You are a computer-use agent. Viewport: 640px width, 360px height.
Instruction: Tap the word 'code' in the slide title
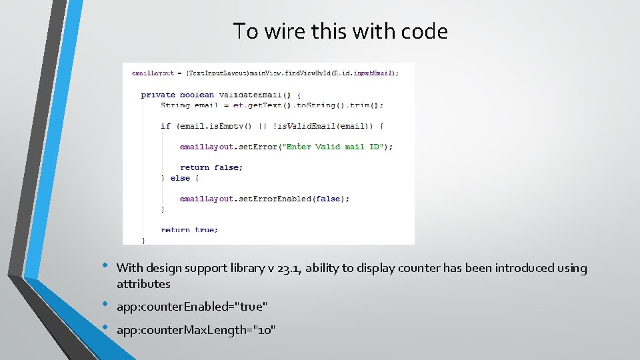[x=424, y=31]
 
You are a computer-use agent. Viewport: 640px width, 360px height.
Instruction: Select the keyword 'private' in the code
[x=158, y=95]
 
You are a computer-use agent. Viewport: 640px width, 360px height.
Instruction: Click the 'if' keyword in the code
[x=165, y=126]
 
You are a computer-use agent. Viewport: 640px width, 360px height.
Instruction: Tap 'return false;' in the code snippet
[x=211, y=167]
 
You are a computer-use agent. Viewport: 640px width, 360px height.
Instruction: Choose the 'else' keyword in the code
[x=180, y=178]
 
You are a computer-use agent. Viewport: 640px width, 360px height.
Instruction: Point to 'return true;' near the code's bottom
[x=189, y=230]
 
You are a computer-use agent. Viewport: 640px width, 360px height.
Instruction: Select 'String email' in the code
[x=189, y=105]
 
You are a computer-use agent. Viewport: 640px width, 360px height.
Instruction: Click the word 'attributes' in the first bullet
[x=143, y=284]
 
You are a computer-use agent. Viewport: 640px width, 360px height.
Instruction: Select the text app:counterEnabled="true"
[x=192, y=307]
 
